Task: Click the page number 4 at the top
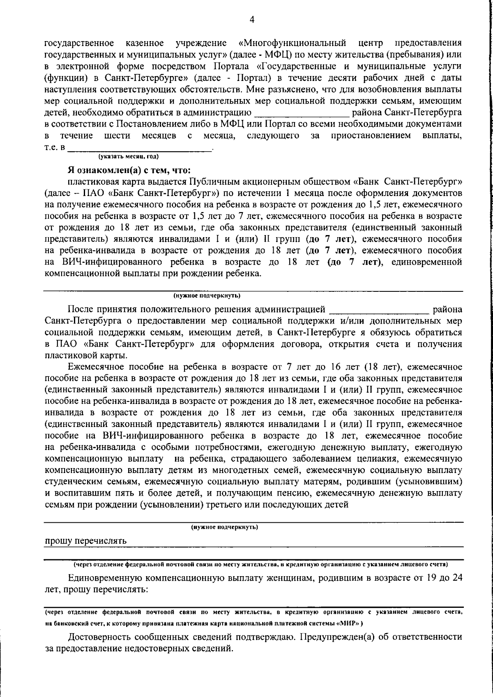(252, 19)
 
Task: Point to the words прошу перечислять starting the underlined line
(85, 541)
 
